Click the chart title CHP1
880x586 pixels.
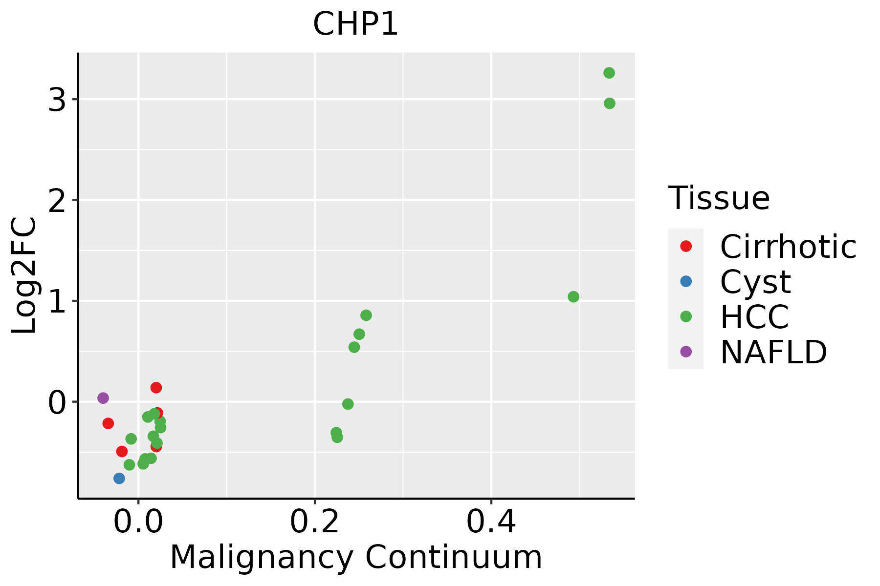click(x=355, y=24)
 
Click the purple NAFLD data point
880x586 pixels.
click(x=103, y=398)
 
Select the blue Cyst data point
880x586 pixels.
click(x=119, y=478)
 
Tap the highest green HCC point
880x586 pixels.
click(x=609, y=73)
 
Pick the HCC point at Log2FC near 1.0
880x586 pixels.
click(x=573, y=296)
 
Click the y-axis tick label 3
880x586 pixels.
click(x=57, y=100)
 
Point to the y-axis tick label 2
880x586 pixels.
click(x=57, y=200)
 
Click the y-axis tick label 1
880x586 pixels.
click(x=57, y=301)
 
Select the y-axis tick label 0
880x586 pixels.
click(x=57, y=402)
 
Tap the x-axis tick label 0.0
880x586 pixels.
click(x=139, y=523)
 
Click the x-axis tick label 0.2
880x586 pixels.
click(x=315, y=523)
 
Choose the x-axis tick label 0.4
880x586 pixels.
click(x=491, y=523)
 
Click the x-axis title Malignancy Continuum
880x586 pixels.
click(x=356, y=557)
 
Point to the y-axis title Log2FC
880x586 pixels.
click(x=24, y=275)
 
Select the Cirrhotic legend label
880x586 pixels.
click(x=788, y=247)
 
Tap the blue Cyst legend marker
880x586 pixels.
click(x=686, y=281)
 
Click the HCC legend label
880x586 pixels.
click(x=754, y=316)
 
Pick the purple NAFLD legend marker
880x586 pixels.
click(x=686, y=351)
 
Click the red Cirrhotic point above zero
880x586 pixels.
click(x=156, y=387)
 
